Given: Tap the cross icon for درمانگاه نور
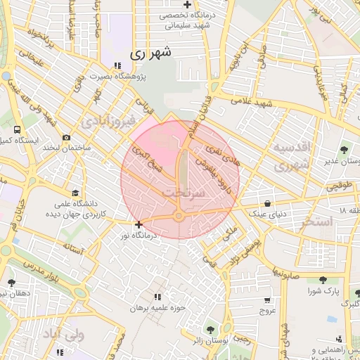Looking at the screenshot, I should click(139, 225).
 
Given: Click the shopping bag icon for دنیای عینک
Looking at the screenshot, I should click(267, 202).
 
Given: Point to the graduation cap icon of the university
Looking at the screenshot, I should click(75, 192).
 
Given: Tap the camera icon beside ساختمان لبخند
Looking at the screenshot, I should click(66, 138).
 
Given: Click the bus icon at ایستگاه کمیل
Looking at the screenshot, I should click(17, 130).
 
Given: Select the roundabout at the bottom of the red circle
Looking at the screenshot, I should click(179, 217).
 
